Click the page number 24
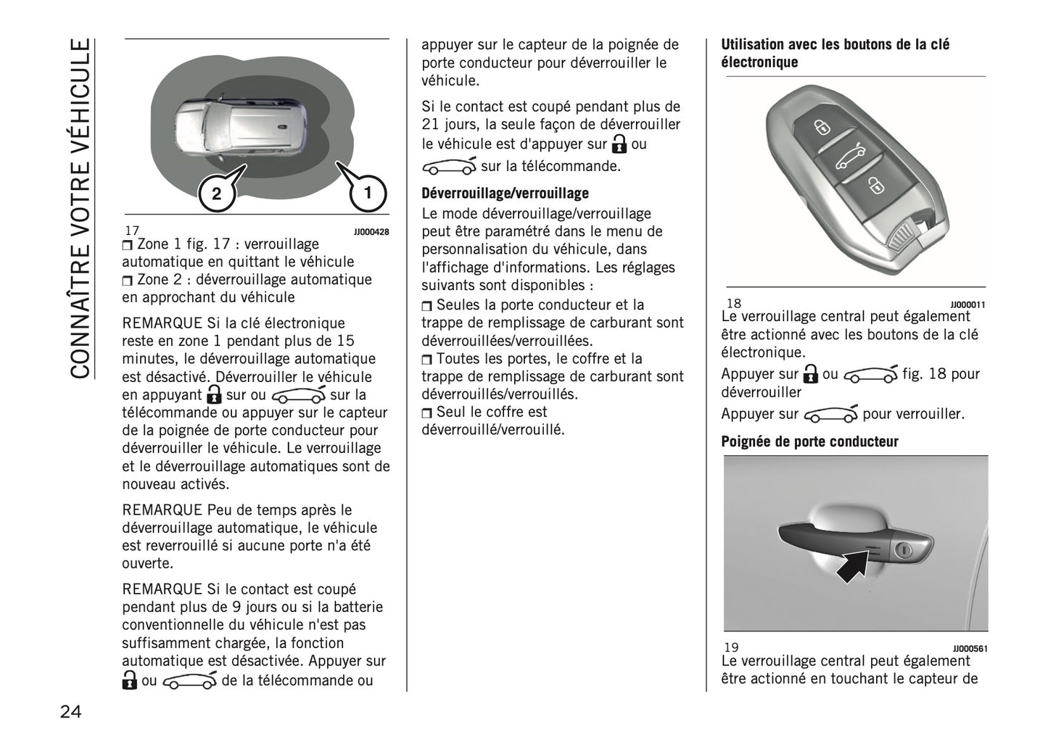70,711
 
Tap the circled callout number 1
367,193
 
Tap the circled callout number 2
216,194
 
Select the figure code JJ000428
371,232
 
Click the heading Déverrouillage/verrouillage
505,194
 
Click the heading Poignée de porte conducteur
809,441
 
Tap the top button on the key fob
822,128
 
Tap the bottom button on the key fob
876,186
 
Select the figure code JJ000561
969,649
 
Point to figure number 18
733,304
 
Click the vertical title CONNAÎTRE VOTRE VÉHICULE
81,209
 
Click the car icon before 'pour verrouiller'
830,415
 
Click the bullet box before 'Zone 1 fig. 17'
128,245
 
